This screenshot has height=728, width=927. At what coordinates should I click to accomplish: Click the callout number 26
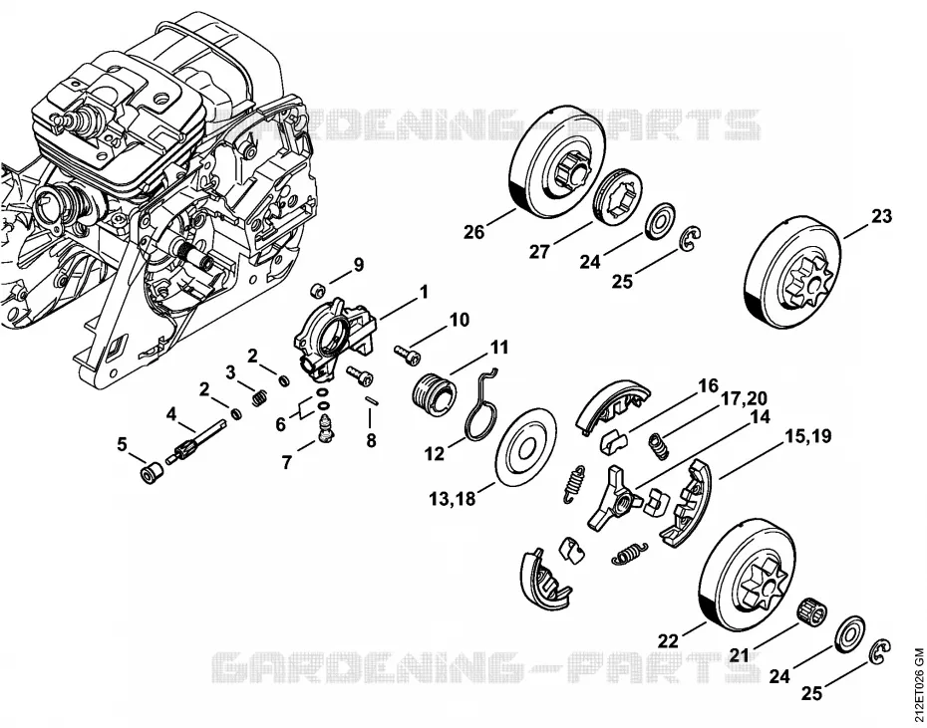click(473, 232)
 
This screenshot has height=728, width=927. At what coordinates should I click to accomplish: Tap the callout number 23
click(881, 216)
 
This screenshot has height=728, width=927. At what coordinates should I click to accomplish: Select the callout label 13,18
click(453, 499)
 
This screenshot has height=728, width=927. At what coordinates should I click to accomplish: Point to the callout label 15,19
click(807, 436)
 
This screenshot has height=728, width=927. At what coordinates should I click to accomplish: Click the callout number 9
click(359, 265)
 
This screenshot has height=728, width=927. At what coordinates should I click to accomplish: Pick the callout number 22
click(668, 640)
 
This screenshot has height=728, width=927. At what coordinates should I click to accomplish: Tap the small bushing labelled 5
click(152, 473)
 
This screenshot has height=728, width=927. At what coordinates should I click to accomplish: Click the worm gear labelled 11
click(434, 394)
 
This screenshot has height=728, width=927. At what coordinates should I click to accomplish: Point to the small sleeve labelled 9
click(318, 291)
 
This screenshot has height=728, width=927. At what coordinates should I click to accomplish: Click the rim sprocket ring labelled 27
click(618, 197)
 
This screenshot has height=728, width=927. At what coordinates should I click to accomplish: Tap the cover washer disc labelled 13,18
click(525, 448)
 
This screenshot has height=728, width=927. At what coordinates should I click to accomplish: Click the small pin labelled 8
click(372, 399)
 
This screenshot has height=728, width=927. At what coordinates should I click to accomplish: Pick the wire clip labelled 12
click(483, 406)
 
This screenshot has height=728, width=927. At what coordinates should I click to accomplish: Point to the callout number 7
click(287, 461)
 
